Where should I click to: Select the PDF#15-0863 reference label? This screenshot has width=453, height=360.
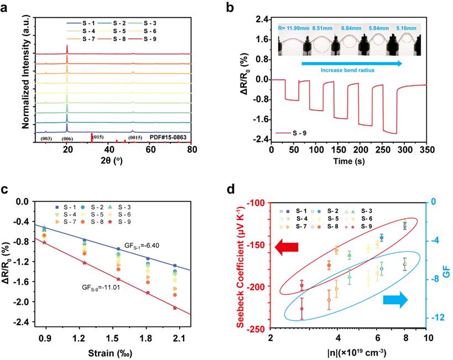[x=168, y=137]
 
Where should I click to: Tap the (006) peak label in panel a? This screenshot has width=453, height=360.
[x=67, y=139]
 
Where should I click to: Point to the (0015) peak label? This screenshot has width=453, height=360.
[x=135, y=138]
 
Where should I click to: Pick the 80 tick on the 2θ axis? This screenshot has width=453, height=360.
[x=192, y=149]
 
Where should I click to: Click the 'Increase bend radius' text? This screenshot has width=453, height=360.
[x=347, y=70]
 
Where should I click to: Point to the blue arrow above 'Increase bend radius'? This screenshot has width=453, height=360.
[x=352, y=64]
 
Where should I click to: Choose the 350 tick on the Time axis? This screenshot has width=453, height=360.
[x=426, y=150]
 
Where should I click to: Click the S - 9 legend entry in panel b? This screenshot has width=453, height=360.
[x=291, y=133]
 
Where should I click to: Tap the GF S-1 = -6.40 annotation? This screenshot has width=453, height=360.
[x=142, y=246]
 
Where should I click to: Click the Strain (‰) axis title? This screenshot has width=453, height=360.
[x=110, y=353]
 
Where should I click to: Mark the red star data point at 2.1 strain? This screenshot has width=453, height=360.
[x=175, y=308]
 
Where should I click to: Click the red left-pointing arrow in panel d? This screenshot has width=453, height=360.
[x=287, y=248]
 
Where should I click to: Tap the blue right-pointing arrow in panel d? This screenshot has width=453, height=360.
[x=395, y=300]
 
